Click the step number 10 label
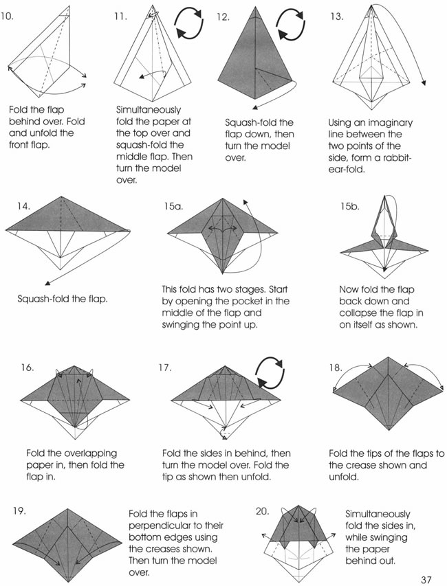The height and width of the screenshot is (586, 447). [x=7, y=16]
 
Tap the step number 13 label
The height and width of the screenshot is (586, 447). [x=336, y=16]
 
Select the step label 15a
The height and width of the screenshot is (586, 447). [x=173, y=206]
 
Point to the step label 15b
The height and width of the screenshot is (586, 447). [x=349, y=206]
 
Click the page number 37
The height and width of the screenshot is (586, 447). [x=426, y=580]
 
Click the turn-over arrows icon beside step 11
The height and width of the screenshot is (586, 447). [x=189, y=23]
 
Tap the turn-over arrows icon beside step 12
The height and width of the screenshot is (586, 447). [x=291, y=23]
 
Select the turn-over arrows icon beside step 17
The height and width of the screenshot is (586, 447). [x=270, y=373]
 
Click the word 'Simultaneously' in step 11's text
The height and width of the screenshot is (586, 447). [x=149, y=110]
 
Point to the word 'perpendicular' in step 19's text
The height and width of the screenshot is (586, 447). [x=157, y=526]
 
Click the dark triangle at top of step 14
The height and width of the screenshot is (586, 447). [x=67, y=214]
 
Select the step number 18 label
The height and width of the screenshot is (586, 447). [x=336, y=368]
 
